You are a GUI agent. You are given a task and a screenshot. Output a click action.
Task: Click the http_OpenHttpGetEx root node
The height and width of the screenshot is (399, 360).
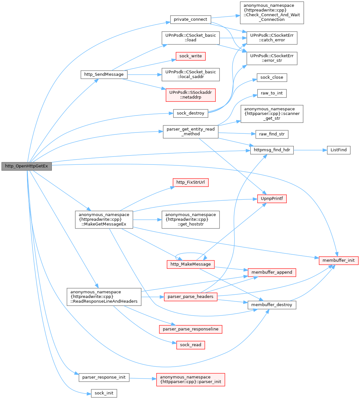(27, 166)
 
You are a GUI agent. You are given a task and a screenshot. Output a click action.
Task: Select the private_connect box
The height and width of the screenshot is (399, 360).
(190, 20)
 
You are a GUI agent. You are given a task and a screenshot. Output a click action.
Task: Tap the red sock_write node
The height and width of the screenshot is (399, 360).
(190, 56)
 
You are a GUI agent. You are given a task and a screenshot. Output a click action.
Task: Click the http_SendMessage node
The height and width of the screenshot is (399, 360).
(104, 74)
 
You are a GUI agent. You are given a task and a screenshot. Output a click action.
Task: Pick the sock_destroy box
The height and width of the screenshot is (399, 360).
(190, 113)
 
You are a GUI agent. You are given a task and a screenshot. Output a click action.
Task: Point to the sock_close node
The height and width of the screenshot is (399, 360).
(272, 77)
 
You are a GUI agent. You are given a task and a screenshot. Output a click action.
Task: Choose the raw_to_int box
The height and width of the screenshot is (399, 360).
(272, 93)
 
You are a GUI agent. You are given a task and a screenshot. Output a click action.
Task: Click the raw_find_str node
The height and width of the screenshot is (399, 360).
(272, 134)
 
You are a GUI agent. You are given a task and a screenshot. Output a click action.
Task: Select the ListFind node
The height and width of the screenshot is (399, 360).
(339, 150)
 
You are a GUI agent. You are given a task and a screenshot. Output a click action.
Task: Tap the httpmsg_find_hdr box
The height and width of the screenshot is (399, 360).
(272, 150)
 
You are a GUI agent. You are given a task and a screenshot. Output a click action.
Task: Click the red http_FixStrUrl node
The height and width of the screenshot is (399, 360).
(190, 182)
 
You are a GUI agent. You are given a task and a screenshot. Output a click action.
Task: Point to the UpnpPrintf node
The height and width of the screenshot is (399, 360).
(272, 199)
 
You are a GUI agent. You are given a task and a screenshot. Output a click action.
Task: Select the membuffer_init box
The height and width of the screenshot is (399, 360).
(339, 260)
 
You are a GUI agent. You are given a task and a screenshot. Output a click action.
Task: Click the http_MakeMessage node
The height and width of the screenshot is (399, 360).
(190, 264)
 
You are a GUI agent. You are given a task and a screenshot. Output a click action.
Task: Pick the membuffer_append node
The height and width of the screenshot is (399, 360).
(272, 272)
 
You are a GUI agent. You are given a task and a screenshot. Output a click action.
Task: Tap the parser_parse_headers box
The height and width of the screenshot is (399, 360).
(190, 297)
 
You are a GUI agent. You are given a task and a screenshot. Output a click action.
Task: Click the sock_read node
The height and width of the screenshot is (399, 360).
(190, 345)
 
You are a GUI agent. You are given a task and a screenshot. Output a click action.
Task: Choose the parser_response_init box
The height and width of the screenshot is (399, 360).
(104, 377)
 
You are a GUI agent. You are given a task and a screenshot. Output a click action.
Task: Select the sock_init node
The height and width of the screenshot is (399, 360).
(104, 393)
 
